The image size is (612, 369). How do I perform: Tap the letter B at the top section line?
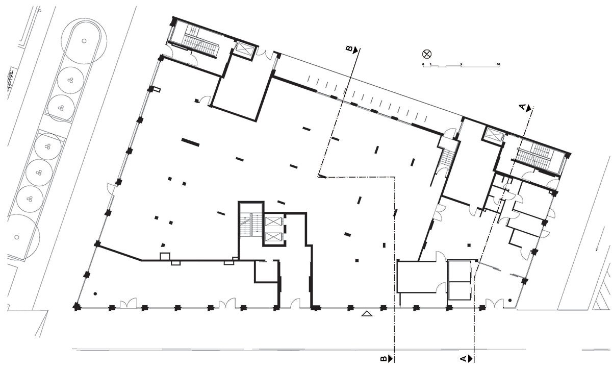[350, 49]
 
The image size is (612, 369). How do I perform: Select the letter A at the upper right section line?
[522, 107]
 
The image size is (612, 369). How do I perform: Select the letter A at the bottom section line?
[464, 359]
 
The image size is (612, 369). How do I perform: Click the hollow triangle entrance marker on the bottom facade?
[366, 313]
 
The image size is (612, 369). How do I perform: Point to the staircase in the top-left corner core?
[201, 46]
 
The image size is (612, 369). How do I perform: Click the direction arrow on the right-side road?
[597, 247]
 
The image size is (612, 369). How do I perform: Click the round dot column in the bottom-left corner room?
[95, 293]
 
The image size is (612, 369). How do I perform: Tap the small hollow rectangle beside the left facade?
[157, 90]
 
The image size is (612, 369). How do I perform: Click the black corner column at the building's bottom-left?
[76, 307]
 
